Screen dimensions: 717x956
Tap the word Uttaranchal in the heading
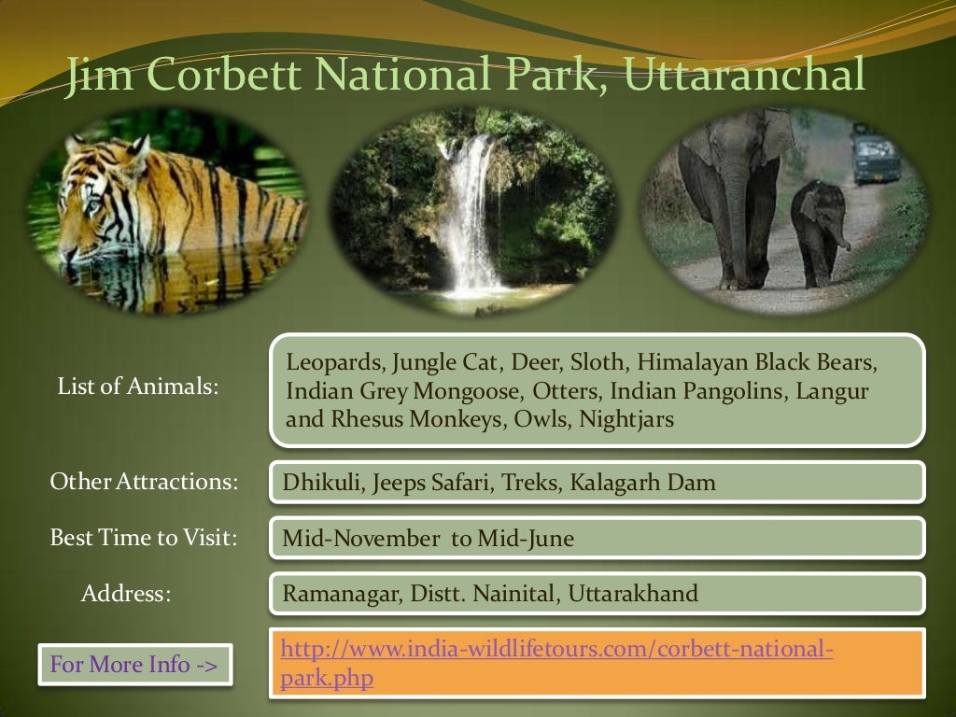point(744,76)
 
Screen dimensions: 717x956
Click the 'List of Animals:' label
point(138,386)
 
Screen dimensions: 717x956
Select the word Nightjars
point(626,419)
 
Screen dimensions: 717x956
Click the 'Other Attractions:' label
point(144,483)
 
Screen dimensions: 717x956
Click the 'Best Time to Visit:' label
point(143,538)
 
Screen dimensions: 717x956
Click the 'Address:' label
point(126,594)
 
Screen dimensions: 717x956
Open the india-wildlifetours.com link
point(556,649)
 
